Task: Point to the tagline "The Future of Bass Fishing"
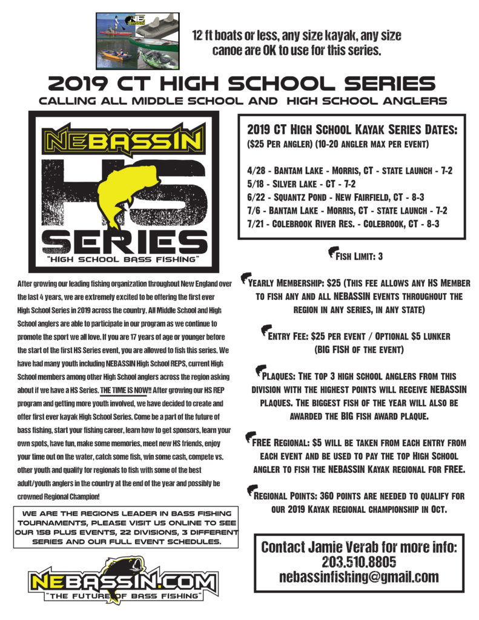tap(123, 598)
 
